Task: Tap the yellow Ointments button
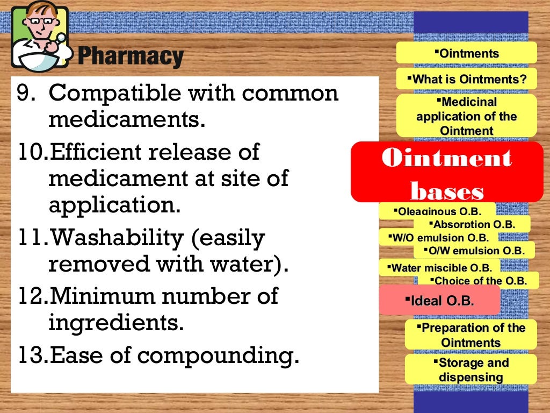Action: click(x=466, y=53)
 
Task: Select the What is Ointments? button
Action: click(x=466, y=79)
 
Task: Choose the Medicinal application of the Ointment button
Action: click(x=466, y=116)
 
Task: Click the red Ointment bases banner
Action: click(x=446, y=172)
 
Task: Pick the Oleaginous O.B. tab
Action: click(x=437, y=211)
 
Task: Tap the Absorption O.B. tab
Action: click(x=472, y=224)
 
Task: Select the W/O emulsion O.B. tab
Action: click(x=437, y=237)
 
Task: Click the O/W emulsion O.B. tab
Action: click(x=474, y=250)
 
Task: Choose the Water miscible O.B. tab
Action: click(x=439, y=267)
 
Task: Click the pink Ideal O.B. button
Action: click(x=439, y=301)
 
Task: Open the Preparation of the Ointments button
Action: click(x=471, y=334)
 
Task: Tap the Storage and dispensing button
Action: click(x=471, y=369)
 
